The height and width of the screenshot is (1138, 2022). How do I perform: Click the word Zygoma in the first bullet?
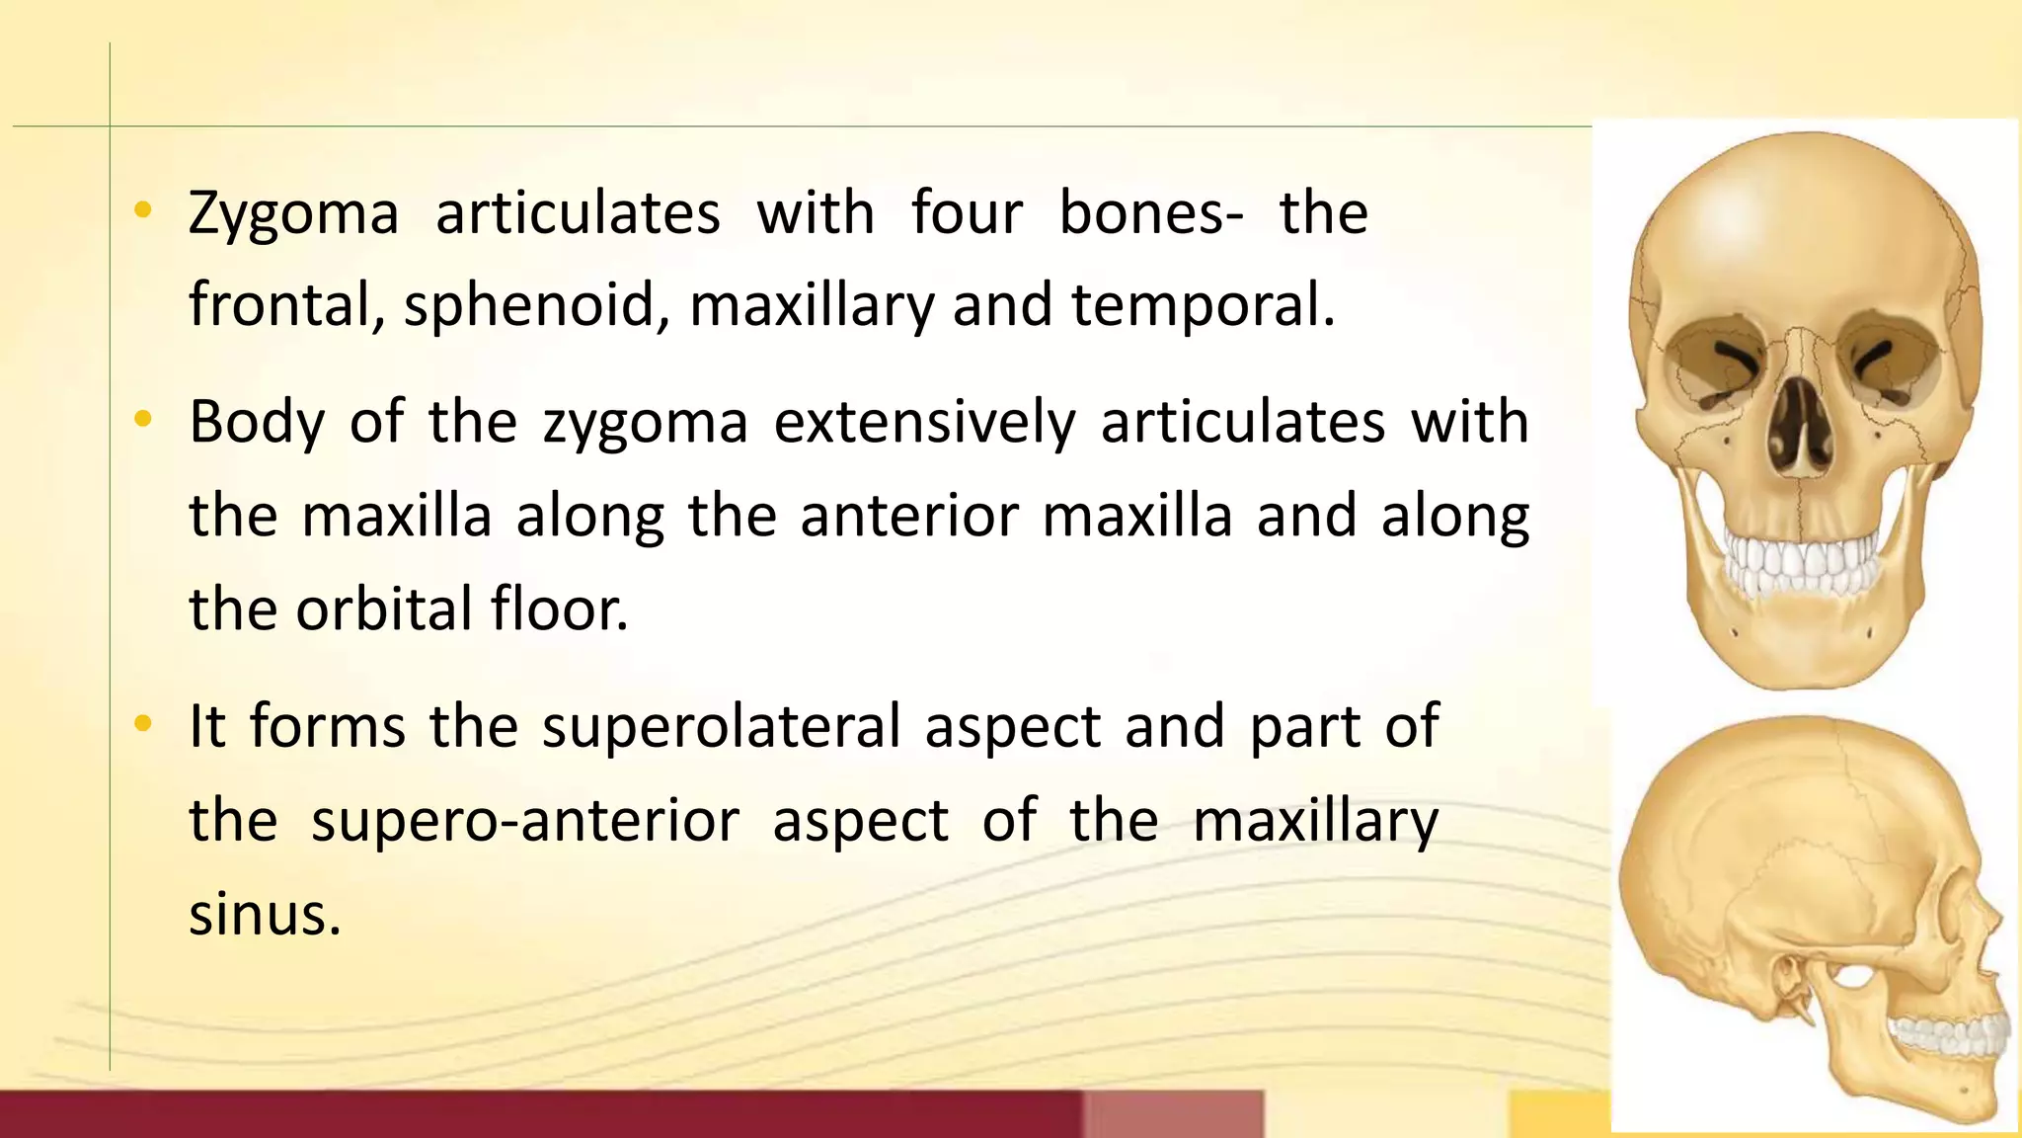293,214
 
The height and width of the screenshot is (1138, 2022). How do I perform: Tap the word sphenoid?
529,305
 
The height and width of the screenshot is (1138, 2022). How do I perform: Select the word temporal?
1203,305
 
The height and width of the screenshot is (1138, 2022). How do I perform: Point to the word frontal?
286,305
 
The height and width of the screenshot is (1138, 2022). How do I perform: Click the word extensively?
924,423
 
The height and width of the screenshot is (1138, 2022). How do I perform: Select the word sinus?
264,914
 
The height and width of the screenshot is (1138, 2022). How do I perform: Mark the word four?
967,214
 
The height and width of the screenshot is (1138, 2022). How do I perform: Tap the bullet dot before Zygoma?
143,209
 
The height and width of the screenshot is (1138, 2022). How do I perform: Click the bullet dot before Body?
143,420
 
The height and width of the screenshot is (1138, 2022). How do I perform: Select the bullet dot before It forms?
143,724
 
